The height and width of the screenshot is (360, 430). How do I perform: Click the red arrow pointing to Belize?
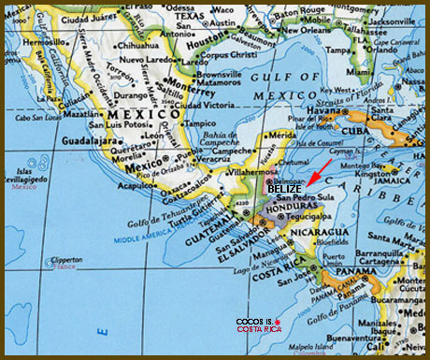click(x=318, y=171)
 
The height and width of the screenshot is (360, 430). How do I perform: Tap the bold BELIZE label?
click(x=284, y=189)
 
